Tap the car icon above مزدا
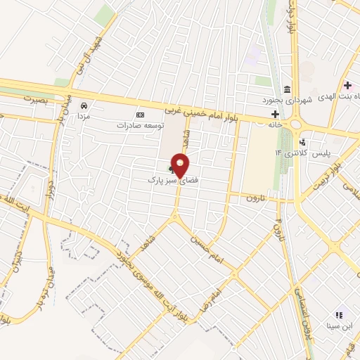[84, 105]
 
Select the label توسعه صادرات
[141, 124]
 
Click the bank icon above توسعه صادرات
[140, 115]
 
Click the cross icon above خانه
[275, 114]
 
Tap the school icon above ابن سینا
[340, 315]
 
